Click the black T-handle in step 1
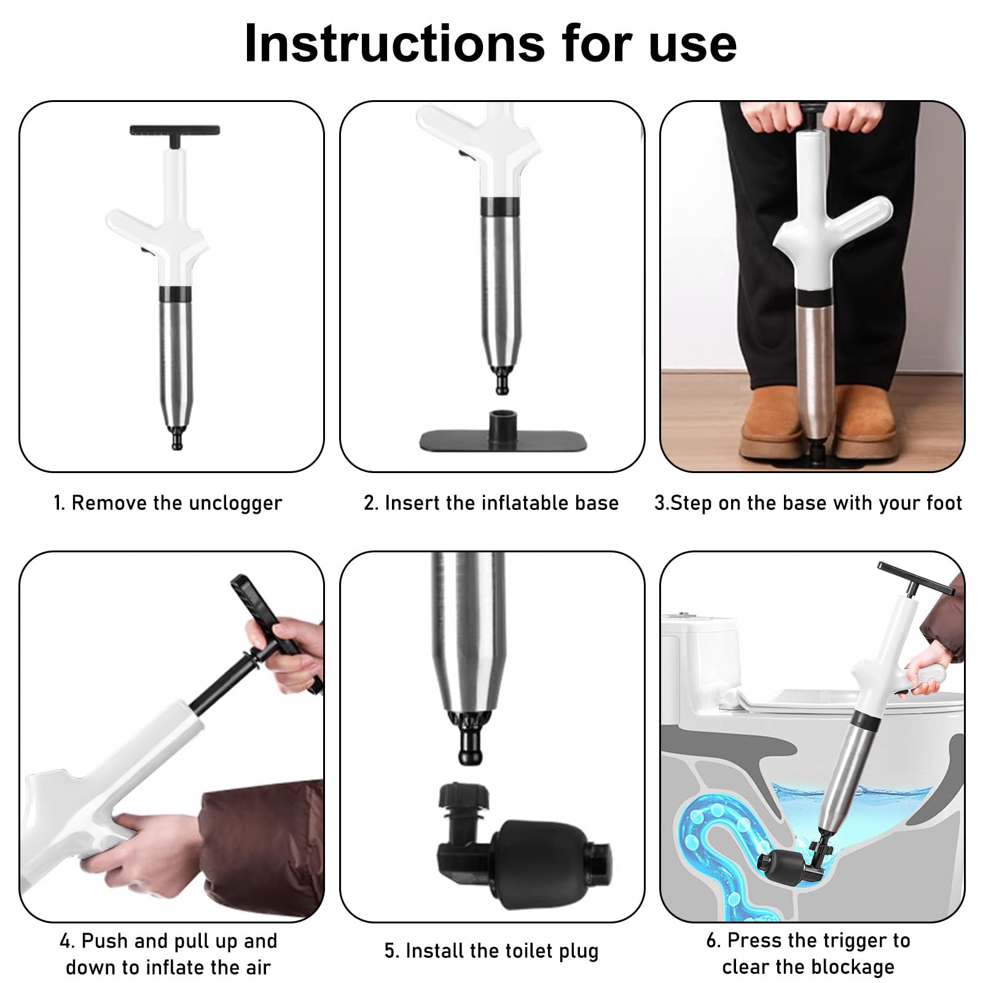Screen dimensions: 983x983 (x=175, y=134)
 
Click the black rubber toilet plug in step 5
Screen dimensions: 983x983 (x=525, y=845)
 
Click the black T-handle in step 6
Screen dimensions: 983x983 (x=917, y=581)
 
